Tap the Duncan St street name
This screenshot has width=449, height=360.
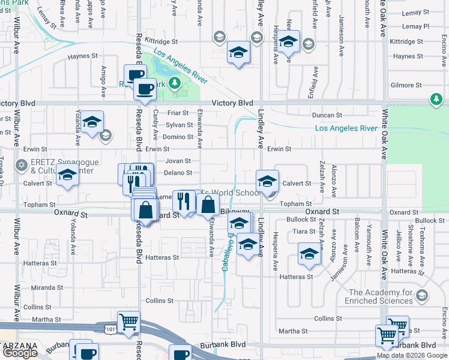pos(327,115)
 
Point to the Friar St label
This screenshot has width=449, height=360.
pos(178,113)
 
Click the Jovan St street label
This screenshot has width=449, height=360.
pos(178,161)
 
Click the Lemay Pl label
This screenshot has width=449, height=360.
pos(416,26)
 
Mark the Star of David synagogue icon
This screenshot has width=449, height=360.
pos(22,164)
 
